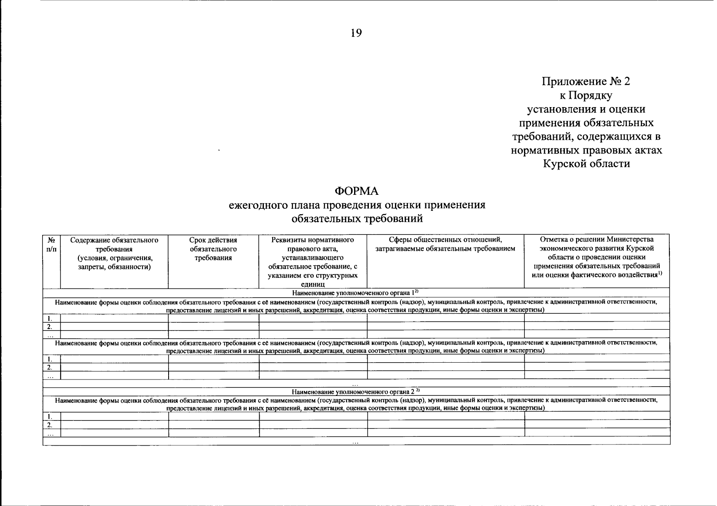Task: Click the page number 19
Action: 356,33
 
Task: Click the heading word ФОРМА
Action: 357,191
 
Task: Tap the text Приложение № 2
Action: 586,81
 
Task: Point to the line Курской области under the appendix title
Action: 586,164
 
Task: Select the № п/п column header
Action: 51,245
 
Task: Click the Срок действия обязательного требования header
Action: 213,249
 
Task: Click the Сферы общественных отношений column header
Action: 445,244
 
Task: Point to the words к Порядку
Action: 586,95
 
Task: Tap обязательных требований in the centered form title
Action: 357,219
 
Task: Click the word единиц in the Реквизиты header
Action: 312,285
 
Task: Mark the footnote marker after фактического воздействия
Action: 660,273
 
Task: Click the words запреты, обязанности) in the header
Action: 114,267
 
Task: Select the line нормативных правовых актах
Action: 586,150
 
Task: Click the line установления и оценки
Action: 586,109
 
